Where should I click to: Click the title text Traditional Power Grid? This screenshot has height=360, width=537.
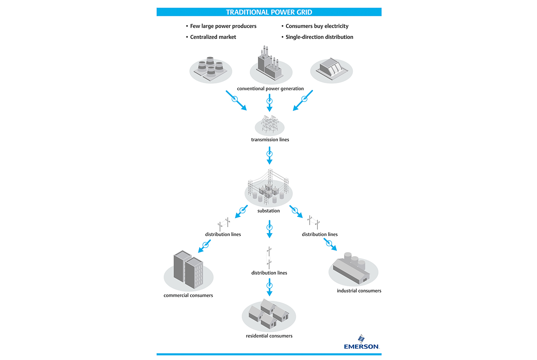[268, 12]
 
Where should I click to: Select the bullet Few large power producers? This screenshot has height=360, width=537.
[223, 26]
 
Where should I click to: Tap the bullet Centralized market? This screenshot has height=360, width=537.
[213, 37]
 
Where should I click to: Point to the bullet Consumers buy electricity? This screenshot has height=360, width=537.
[317, 26]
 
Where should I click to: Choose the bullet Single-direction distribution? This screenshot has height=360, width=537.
[319, 37]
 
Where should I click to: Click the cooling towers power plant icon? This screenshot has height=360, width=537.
[211, 69]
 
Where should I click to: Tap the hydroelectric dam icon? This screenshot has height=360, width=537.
[331, 69]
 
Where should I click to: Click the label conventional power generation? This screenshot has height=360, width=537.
[270, 89]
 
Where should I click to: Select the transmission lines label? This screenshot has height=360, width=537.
[270, 139]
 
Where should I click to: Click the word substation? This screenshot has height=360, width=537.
[268, 210]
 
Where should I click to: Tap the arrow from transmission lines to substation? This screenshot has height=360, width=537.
[269, 155]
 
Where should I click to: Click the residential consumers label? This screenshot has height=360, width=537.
[269, 336]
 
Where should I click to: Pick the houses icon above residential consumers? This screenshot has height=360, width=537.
[268, 314]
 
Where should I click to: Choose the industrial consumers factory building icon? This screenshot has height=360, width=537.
[353, 269]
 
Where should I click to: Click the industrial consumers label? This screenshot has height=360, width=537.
[359, 291]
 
